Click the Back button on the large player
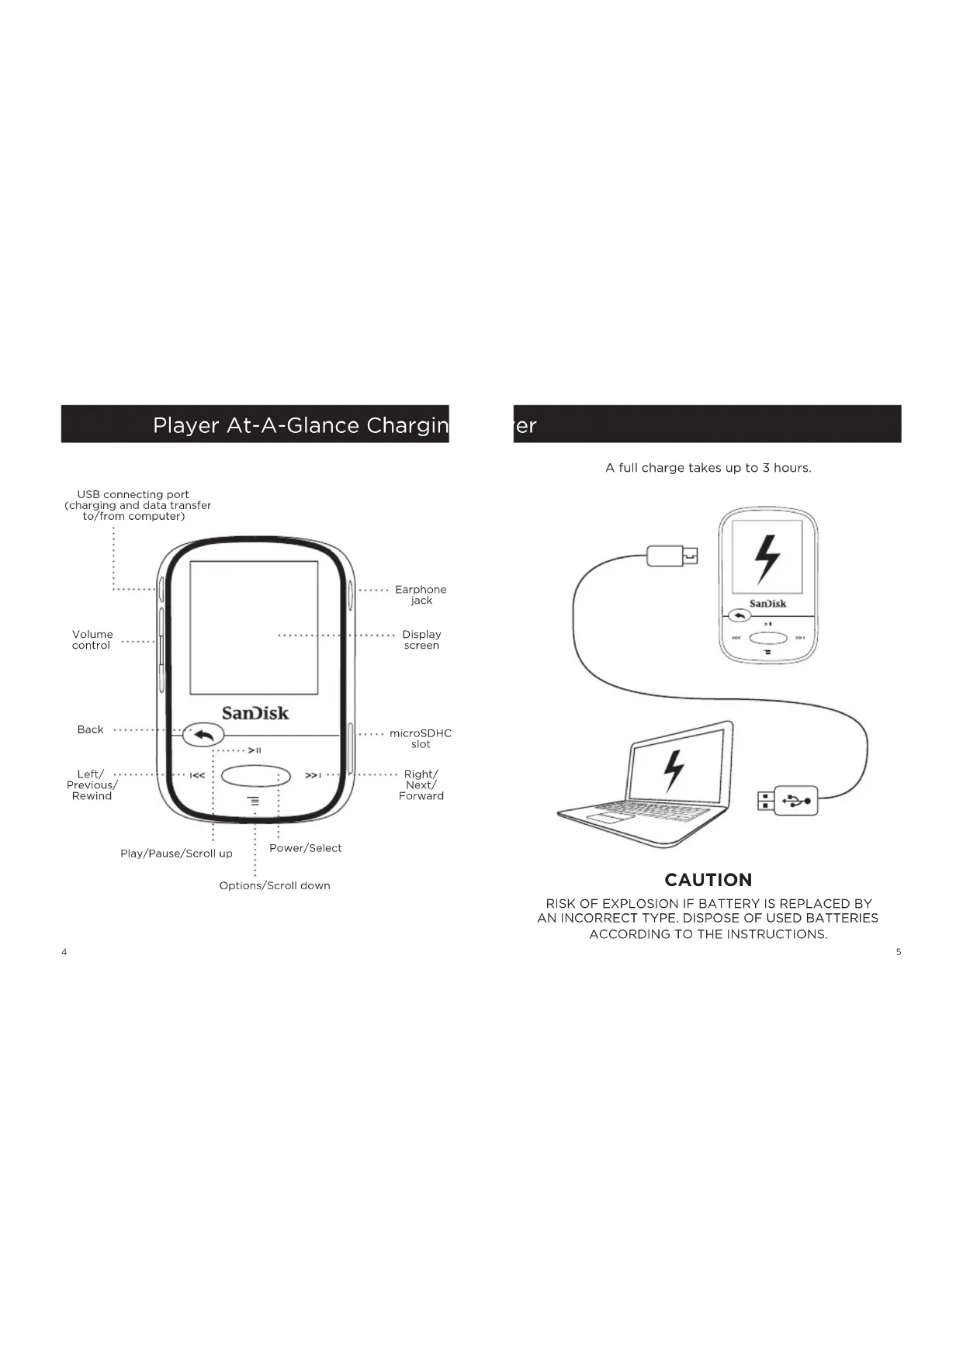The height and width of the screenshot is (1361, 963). (x=203, y=734)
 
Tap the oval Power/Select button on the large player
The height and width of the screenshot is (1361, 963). (x=255, y=776)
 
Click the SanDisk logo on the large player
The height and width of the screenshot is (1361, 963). (x=255, y=713)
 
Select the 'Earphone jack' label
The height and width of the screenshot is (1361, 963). (x=421, y=595)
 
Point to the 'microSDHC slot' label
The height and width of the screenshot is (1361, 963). (x=420, y=739)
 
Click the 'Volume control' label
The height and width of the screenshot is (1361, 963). (x=92, y=640)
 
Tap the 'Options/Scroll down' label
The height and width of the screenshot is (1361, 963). (x=275, y=885)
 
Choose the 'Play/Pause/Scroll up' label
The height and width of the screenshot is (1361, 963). (x=176, y=854)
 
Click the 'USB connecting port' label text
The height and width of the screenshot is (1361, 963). (x=133, y=494)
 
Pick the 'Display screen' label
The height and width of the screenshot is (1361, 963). (x=421, y=640)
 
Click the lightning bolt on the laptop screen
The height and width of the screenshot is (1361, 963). (x=674, y=772)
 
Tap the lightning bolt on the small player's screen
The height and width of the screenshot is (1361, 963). (x=767, y=559)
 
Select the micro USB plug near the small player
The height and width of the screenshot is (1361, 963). (x=672, y=556)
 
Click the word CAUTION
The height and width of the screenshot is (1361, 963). (x=708, y=880)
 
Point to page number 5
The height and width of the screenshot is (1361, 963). (x=899, y=952)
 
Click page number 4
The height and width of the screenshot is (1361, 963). (x=64, y=952)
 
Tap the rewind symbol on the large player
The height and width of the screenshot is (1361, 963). (x=198, y=775)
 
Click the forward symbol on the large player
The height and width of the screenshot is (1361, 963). (x=313, y=775)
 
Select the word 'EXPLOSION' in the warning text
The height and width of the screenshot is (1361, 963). (x=640, y=904)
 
